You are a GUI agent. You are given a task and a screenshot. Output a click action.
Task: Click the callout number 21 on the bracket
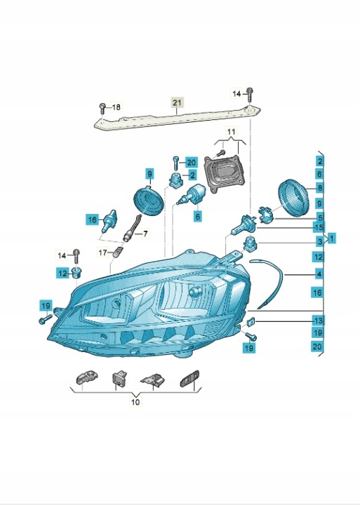point(177,102)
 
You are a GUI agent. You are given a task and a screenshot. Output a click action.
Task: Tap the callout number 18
point(116,107)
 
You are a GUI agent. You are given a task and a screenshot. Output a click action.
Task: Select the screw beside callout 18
point(102,107)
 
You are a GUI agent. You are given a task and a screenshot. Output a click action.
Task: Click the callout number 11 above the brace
point(231,132)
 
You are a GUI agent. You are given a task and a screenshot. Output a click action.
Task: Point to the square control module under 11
point(225,174)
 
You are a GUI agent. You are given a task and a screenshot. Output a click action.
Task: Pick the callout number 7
point(145,234)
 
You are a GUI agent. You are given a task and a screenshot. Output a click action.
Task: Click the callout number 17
point(102,252)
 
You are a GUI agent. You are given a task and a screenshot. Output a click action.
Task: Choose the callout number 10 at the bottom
point(135,402)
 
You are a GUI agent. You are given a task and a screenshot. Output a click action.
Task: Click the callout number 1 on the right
point(332,238)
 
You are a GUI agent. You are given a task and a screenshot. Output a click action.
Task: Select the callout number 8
point(319,187)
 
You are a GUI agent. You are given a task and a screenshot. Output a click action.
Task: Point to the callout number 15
point(319,227)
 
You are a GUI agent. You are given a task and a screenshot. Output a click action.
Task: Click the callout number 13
point(318,320)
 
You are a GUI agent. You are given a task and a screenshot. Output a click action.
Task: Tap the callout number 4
point(319,274)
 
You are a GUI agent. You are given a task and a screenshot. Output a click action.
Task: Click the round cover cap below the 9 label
point(147,201)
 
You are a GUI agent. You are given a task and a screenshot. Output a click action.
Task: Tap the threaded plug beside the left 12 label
point(76,273)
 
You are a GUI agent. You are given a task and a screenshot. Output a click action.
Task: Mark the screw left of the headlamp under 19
point(45,319)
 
